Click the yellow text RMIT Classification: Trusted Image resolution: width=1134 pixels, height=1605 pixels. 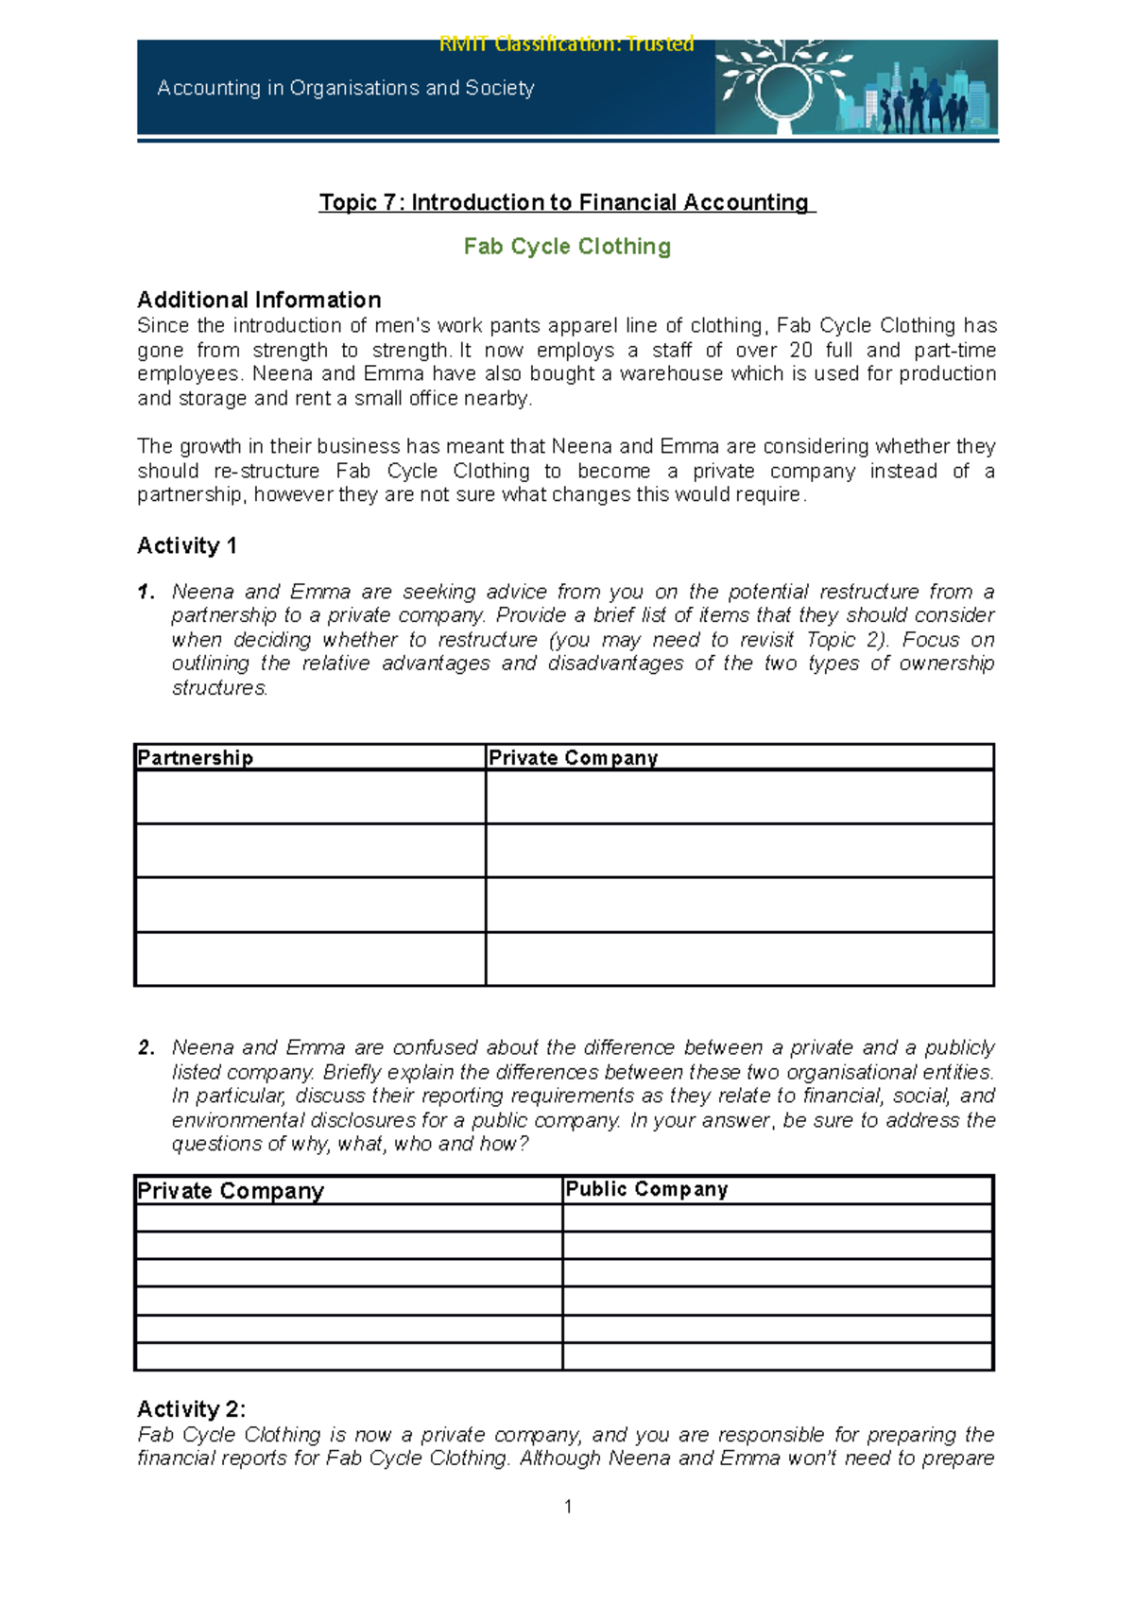[566, 43]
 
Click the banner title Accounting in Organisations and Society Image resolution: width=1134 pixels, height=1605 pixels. [346, 88]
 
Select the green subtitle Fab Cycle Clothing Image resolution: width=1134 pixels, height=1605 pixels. [567, 247]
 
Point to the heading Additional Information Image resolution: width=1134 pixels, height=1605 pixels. [259, 300]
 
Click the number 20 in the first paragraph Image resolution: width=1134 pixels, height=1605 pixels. [800, 350]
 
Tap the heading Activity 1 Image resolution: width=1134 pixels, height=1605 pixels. [187, 545]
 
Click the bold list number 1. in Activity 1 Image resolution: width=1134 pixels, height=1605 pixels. [146, 592]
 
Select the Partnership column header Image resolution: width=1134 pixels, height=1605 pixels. [196, 758]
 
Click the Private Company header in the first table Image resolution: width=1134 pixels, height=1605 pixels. [573, 758]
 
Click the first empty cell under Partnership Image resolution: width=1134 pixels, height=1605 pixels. [310, 797]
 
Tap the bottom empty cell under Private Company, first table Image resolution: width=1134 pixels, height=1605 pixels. [739, 958]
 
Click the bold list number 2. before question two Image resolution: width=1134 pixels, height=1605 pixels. [146, 1047]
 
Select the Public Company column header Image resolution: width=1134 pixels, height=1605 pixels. [646, 1189]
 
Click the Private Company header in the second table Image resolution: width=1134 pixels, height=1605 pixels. [231, 1191]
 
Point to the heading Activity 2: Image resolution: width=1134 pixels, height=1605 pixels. [191, 1409]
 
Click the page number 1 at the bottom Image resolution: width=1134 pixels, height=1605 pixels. [568, 1507]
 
